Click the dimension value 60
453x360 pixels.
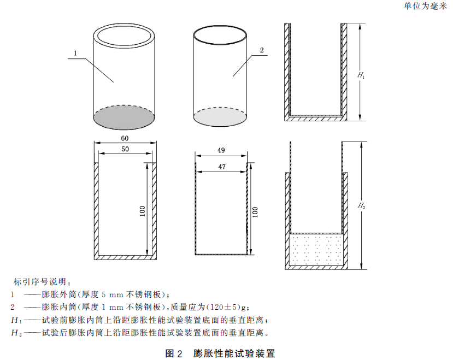pyautogui.click(x=125, y=139)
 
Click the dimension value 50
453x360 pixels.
pyautogui.click(x=125, y=149)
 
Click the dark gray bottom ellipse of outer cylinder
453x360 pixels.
pyautogui.click(x=125, y=117)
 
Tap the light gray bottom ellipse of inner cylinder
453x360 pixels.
pyautogui.click(x=221, y=117)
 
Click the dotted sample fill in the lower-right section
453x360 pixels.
pyautogui.click(x=317, y=250)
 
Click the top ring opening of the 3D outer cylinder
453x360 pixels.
pyautogui.click(x=125, y=36)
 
